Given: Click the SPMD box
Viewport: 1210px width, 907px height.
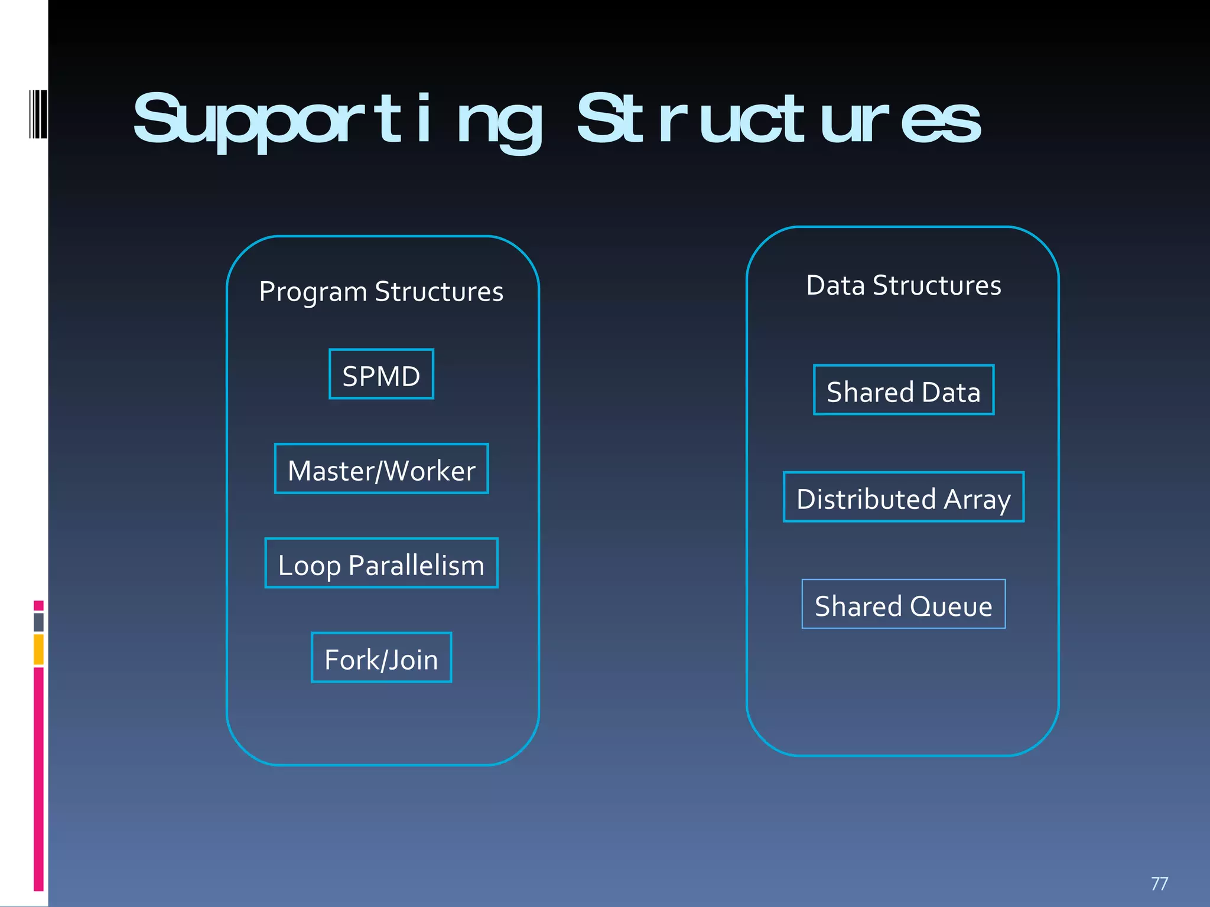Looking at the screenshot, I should pos(381,374).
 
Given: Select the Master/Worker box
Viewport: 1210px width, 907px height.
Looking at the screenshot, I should pos(381,469).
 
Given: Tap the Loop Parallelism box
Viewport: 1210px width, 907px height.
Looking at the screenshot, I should pos(381,563).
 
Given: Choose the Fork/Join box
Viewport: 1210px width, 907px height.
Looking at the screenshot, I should pos(381,658).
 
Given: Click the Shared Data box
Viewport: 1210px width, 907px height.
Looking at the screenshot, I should pos(903,390).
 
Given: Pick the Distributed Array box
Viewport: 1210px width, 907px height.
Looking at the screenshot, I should pos(903,497).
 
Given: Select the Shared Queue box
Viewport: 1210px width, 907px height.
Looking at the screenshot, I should pos(903,604).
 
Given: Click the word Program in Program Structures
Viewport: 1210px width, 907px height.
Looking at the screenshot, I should pos(313,292).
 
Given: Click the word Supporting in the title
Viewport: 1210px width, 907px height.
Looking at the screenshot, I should pos(337,121).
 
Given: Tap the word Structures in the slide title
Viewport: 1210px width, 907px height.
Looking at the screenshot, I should pos(779,121).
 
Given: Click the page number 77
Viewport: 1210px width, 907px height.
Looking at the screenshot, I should pos(1159,883).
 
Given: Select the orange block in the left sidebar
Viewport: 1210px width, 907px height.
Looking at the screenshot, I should pos(38,650).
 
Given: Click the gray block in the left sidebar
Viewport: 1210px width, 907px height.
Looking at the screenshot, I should pos(38,622).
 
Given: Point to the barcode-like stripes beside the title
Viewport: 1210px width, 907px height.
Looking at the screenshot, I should pos(38,114).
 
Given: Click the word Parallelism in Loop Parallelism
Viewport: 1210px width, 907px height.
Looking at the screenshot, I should pos(416,566).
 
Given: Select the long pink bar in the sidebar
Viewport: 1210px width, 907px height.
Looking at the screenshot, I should pos(38,778).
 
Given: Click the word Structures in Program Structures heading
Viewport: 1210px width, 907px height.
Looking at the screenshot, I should pos(439,292).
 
